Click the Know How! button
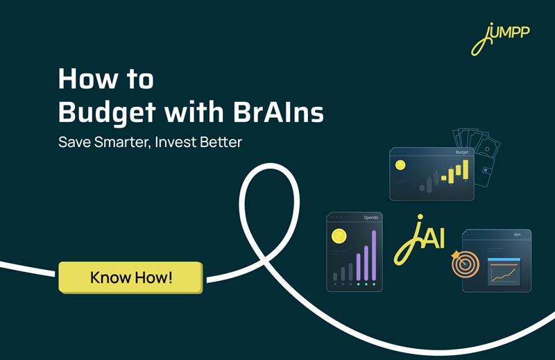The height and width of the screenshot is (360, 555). coord(130,278)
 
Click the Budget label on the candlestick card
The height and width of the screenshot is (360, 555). coord(462,153)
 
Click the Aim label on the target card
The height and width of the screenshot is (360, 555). coord(518,235)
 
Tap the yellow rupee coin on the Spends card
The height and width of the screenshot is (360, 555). coord(339,237)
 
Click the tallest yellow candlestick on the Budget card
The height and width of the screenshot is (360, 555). coord(466,171)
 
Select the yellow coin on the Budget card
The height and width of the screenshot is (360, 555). coord(400,166)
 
